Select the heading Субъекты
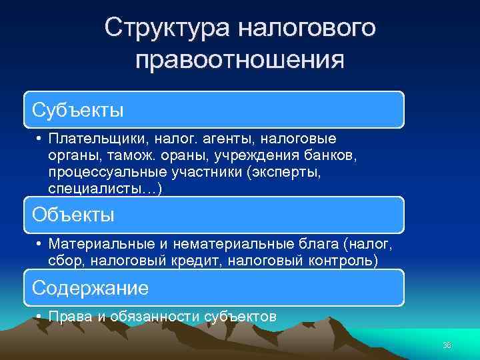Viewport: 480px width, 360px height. [79, 109]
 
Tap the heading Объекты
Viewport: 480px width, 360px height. [74, 215]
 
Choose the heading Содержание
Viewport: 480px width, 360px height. [91, 288]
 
